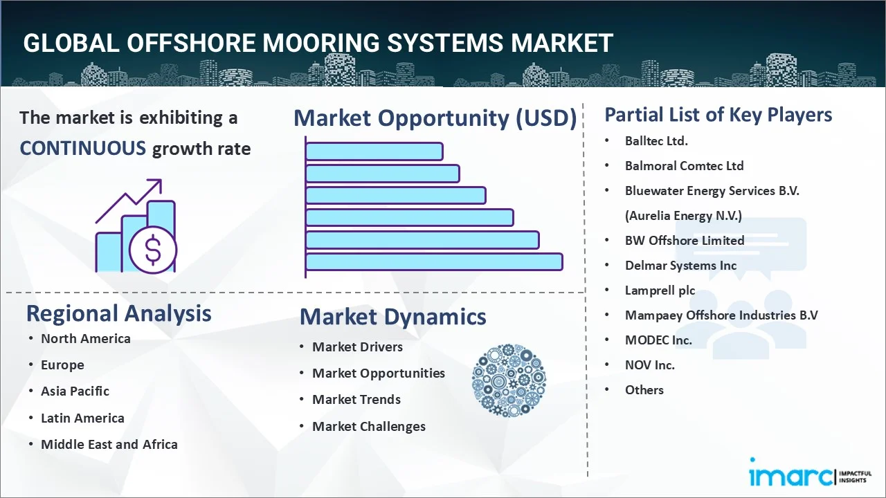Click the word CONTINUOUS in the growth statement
pos(82,148)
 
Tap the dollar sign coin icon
pos(153,250)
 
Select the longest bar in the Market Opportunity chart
pos(433,261)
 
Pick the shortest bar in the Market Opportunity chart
pos(374,151)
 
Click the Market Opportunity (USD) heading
pos(435,118)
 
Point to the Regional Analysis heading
pos(118,313)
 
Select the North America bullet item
pos(85,338)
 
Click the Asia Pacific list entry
pos(75,391)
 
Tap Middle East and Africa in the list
pos(109,444)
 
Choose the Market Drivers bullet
pos(357,347)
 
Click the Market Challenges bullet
pos(368,426)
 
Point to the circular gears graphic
pos(509,380)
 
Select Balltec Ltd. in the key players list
pos(656,140)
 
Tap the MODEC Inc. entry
pos(658,340)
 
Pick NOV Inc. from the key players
pos(649,365)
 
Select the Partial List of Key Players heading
pos(718,114)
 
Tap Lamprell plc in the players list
pos(660,290)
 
